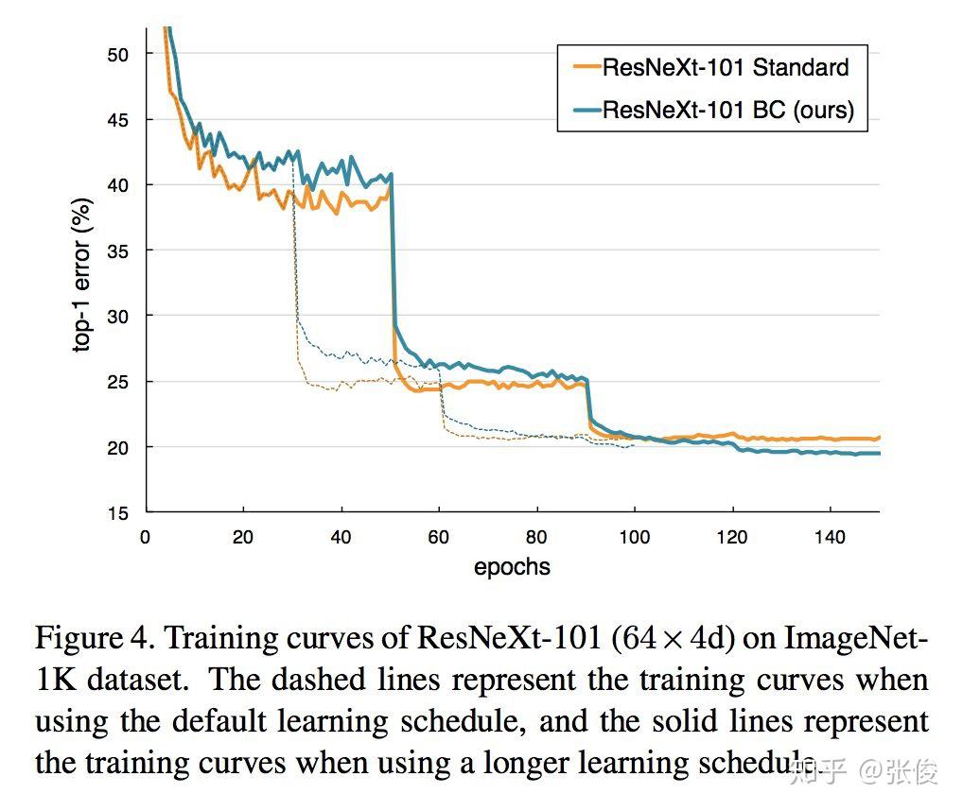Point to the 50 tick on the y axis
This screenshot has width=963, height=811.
118,54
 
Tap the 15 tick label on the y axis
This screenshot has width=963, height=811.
118,512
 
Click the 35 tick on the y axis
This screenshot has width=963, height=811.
118,250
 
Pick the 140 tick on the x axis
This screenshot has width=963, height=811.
830,538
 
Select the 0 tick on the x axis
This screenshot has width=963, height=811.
146,538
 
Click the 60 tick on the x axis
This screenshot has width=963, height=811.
439,538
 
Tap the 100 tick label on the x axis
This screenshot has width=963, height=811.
634,538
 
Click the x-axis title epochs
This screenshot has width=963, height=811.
512,567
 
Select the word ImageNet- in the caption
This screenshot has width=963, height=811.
855,639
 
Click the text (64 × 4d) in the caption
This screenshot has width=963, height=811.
674,639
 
